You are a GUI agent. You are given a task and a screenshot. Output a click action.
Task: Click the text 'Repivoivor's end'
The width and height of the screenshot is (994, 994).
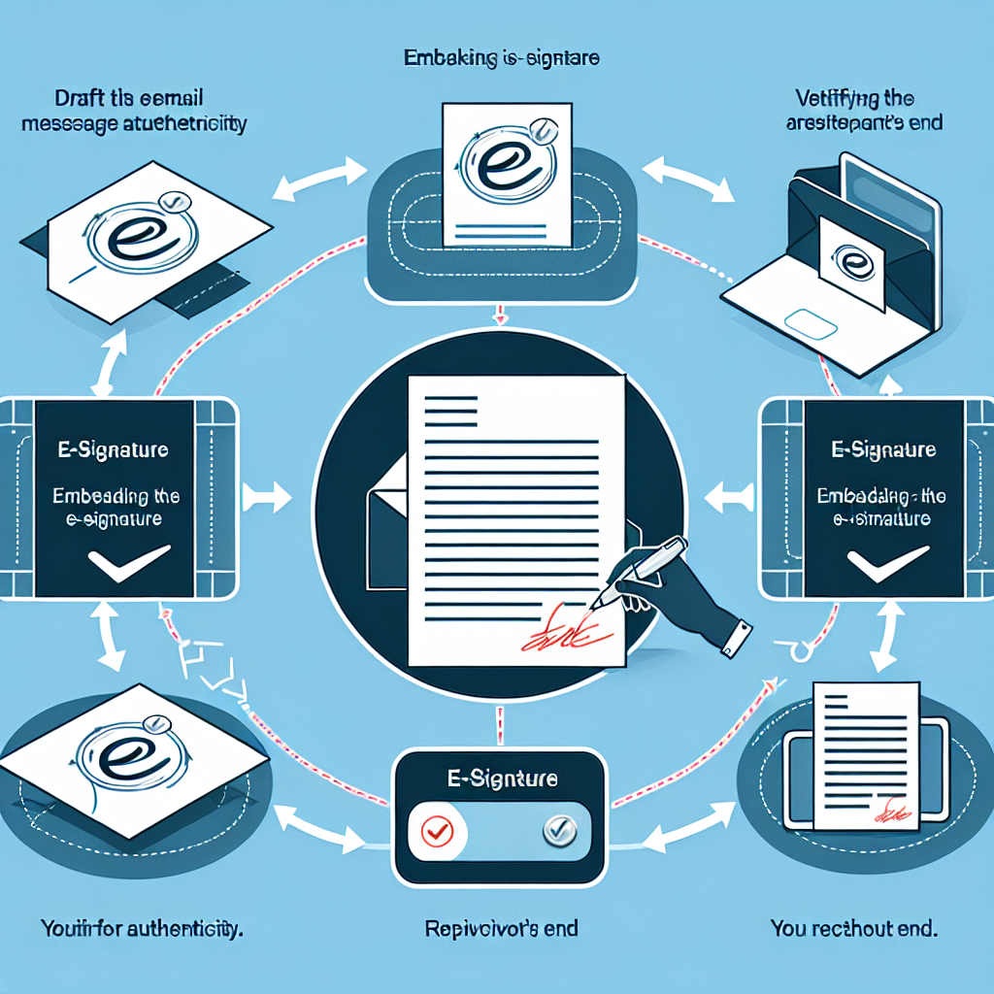[502, 929]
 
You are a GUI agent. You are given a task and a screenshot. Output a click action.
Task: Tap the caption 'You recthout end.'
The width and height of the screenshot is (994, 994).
[853, 929]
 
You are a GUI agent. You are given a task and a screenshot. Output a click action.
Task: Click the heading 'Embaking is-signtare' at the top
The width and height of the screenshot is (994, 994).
[502, 59]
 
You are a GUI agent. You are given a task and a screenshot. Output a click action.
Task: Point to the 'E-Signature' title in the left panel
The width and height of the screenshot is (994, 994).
[109, 450]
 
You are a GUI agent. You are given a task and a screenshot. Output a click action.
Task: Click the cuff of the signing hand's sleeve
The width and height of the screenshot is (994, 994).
[738, 640]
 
